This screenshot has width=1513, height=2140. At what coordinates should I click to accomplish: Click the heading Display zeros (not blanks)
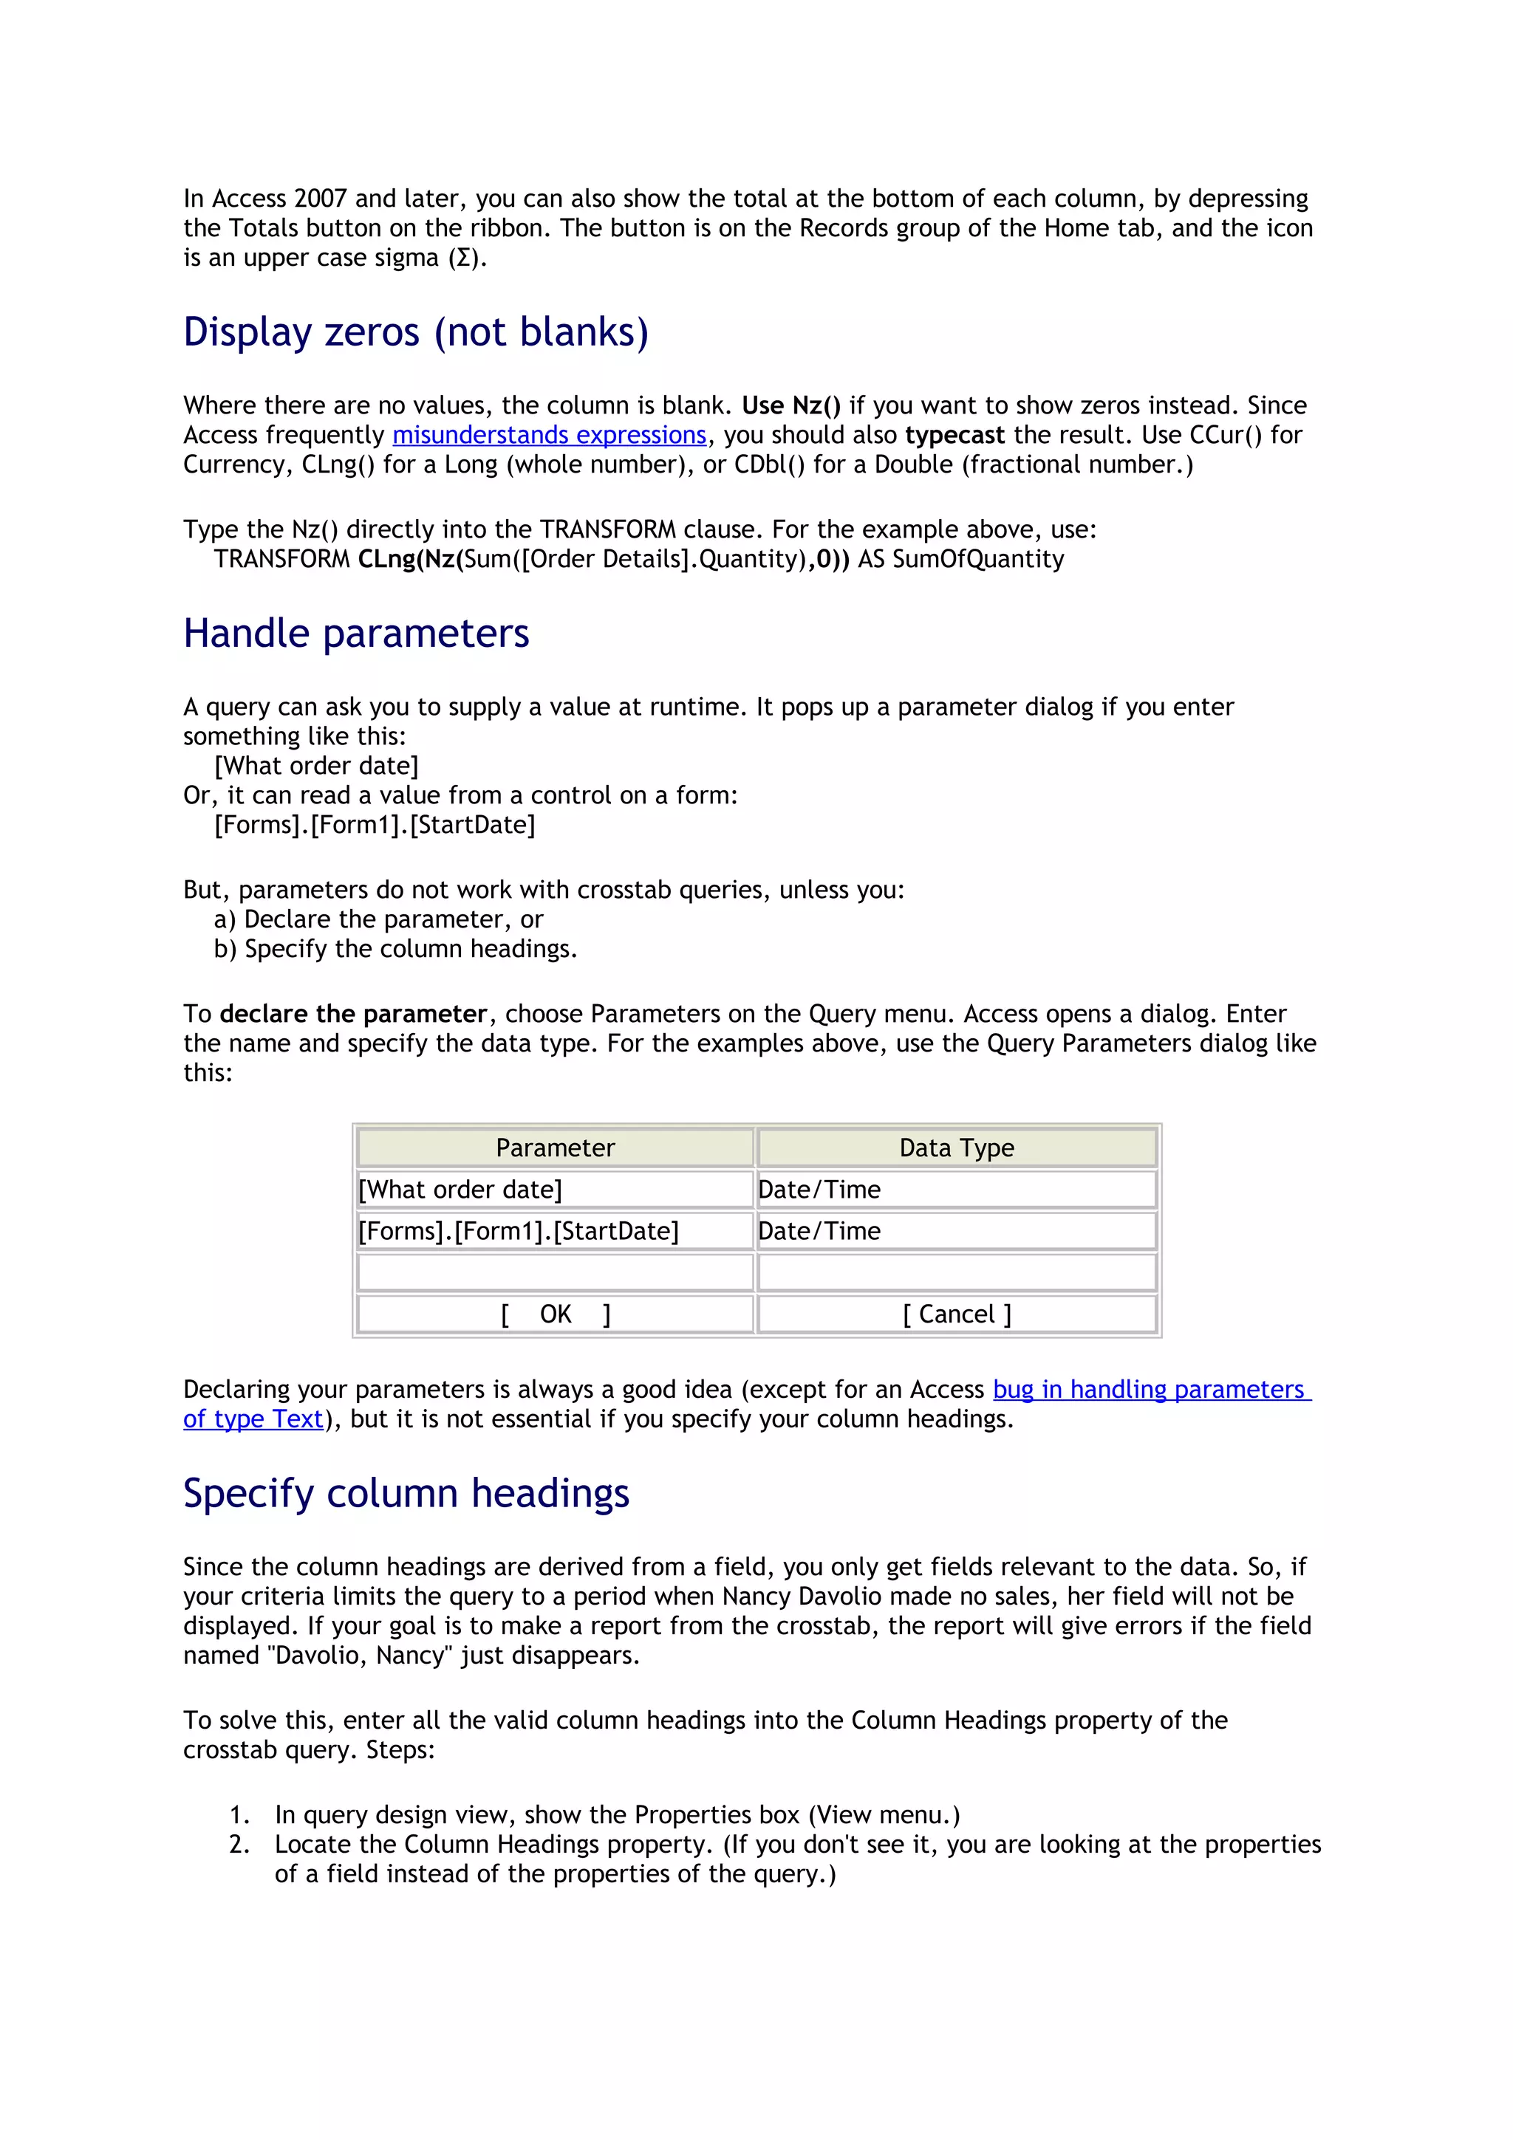coord(416,333)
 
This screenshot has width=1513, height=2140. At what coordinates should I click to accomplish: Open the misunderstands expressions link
coord(549,435)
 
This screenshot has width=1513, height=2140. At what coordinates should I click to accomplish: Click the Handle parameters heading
coord(356,634)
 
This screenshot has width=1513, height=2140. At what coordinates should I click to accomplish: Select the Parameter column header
coord(555,1148)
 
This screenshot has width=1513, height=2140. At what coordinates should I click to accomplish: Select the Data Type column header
coord(957,1148)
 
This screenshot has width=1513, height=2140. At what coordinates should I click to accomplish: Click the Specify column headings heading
coord(406,1493)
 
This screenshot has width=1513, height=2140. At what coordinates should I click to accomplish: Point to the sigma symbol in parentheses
coord(464,258)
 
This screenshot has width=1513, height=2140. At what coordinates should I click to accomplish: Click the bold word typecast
coord(954,435)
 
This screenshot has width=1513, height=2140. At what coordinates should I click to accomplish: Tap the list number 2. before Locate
coord(239,1845)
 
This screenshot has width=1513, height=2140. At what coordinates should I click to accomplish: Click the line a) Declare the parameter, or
coord(378,920)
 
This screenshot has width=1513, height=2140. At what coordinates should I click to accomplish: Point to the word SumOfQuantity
coord(978,559)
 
